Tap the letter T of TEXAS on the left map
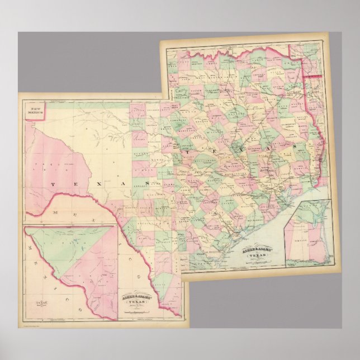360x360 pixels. pos(53,183)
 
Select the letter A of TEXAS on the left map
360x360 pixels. pos(117,183)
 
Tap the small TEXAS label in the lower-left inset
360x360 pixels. pos(41,305)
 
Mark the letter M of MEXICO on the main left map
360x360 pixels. pos(54,213)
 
